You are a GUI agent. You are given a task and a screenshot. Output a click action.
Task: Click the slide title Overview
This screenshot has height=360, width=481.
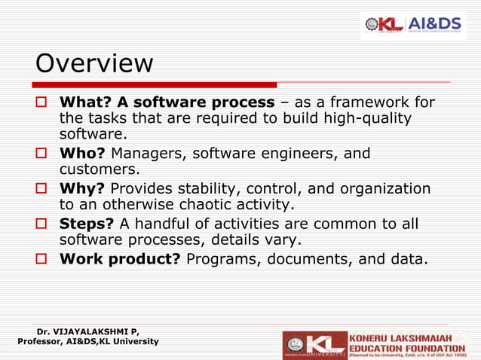[94, 63]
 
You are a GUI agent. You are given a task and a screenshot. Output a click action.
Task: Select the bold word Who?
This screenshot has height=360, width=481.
[83, 154]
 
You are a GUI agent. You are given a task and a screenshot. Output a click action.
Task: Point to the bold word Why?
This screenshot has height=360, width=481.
[82, 188]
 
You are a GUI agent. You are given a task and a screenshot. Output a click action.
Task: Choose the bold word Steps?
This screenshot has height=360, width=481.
[87, 224]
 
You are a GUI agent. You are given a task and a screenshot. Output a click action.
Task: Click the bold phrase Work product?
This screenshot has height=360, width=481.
[121, 259]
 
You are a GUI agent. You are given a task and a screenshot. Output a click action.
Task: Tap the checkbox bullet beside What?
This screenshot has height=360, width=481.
[43, 102]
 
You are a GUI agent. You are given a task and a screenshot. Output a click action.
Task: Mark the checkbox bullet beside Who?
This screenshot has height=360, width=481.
[43, 154]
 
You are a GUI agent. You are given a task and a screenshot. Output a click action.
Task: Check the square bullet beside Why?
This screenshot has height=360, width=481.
[43, 189]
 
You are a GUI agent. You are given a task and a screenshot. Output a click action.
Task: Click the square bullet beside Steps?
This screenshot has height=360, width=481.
[43, 224]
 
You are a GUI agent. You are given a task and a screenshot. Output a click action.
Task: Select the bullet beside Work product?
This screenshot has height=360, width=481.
[43, 260]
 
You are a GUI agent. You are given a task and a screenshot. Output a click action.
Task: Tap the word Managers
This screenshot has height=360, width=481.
[148, 154]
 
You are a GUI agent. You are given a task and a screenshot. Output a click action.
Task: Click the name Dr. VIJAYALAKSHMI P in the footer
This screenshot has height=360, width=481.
[87, 331]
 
